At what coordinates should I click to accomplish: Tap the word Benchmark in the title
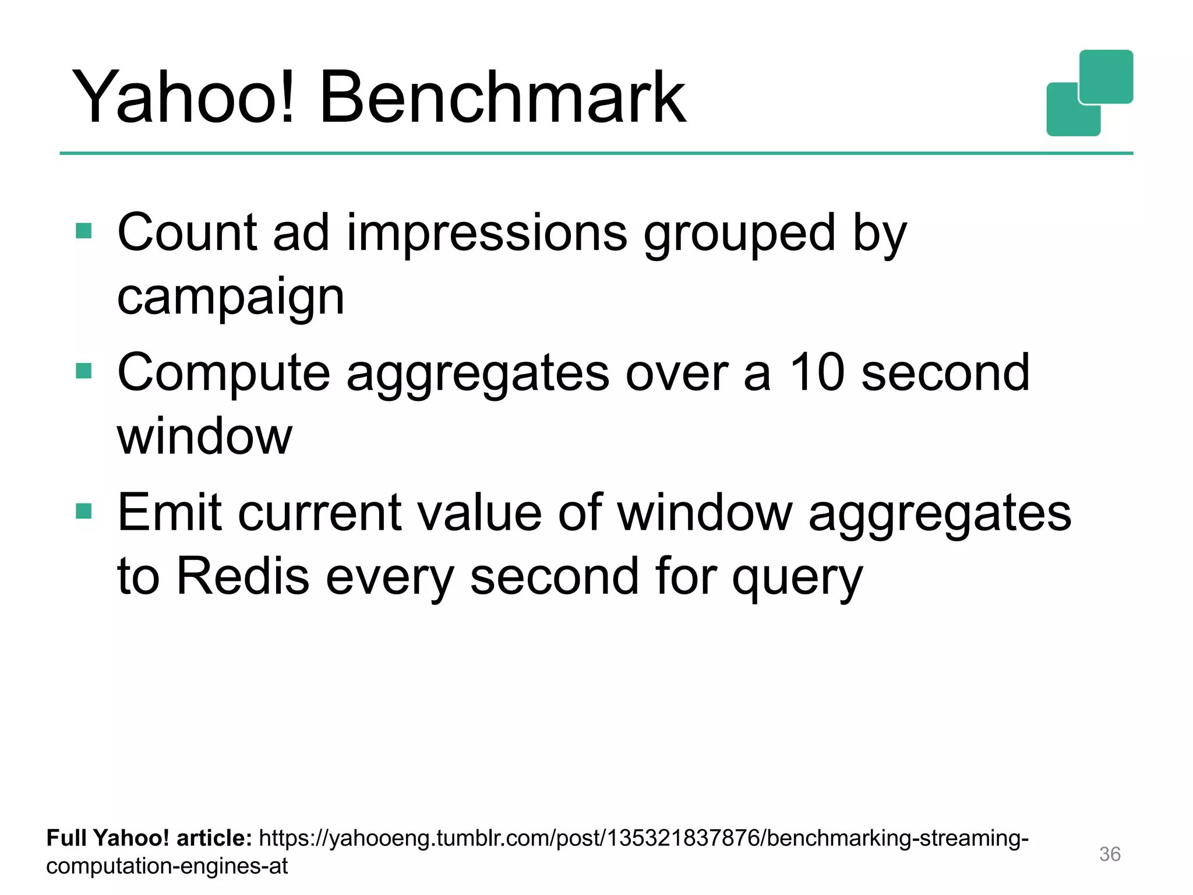coord(503,97)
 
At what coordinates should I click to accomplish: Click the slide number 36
coord(1110,854)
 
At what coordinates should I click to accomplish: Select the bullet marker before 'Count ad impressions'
coord(84,231)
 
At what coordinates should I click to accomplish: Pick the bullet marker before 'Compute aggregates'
coord(84,371)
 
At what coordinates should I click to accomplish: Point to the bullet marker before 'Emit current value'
coord(84,511)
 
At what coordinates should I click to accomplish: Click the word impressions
coord(487,233)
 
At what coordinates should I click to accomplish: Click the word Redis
coord(242,576)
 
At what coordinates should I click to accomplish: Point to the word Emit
coord(170,513)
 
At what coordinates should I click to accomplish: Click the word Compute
coord(224,374)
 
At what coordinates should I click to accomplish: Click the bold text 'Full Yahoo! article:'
coord(149,838)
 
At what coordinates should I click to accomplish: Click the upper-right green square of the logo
coord(1106,76)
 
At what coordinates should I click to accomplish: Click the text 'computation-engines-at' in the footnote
coord(167,866)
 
